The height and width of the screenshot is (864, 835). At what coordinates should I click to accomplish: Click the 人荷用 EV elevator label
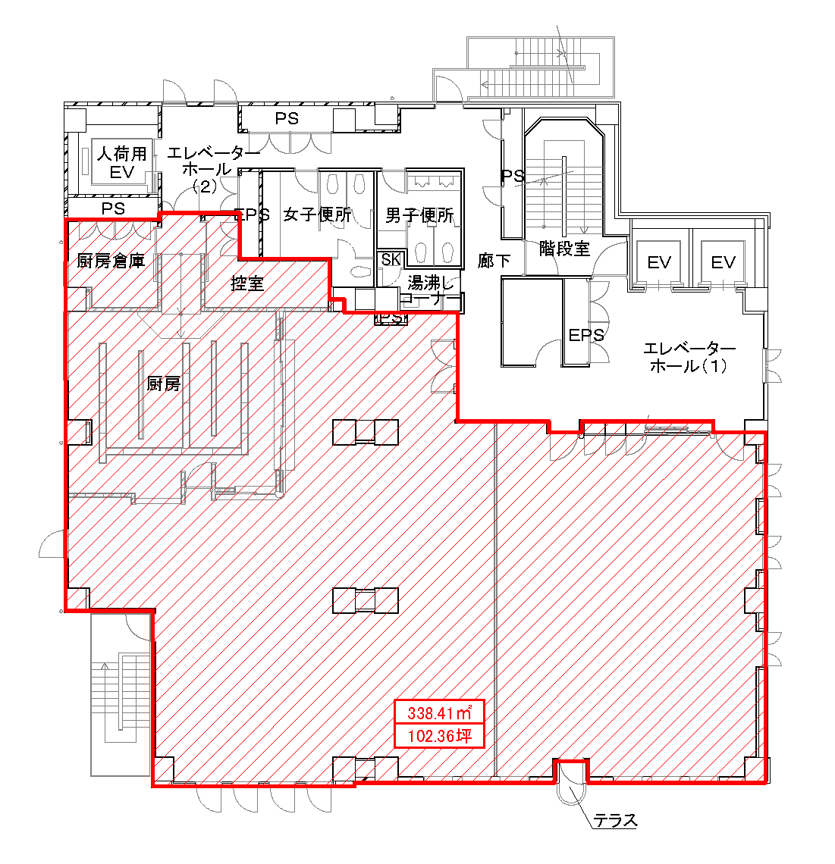(121, 162)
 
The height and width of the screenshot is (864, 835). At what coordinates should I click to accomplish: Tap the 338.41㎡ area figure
(440, 712)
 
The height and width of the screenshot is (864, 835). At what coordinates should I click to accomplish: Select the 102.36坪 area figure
(440, 736)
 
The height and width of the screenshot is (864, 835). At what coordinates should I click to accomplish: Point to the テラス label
(616, 821)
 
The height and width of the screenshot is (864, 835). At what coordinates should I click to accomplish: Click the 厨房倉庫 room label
(111, 261)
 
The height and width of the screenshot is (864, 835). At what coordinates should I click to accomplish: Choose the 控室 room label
(247, 283)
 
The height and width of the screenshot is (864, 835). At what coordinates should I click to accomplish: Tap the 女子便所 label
(317, 214)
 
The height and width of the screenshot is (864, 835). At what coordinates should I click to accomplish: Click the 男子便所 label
(419, 215)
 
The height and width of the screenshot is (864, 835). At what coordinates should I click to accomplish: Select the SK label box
(391, 259)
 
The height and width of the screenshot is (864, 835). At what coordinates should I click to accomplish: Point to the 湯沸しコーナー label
(430, 291)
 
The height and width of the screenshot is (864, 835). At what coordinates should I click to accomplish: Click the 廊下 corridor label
(494, 261)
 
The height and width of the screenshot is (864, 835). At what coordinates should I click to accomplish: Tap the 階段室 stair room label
(564, 249)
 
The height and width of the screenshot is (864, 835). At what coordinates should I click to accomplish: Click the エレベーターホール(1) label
(689, 356)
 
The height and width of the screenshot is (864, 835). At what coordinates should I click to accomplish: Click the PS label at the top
(287, 118)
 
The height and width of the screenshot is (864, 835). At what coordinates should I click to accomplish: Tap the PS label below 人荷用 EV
(113, 208)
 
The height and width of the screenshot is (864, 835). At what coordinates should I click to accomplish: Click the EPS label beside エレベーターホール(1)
(586, 335)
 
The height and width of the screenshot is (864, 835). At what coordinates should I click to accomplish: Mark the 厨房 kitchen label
(164, 383)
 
